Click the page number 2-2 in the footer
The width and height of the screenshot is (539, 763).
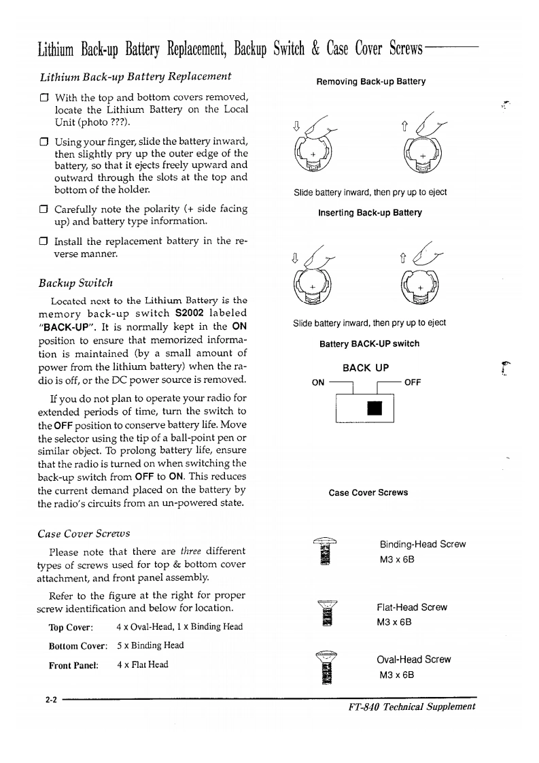click(50, 699)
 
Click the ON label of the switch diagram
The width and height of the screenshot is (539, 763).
click(317, 381)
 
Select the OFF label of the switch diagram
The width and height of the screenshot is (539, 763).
click(413, 381)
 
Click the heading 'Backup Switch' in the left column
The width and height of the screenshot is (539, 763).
click(76, 282)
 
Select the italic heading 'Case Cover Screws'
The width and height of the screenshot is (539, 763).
click(84, 532)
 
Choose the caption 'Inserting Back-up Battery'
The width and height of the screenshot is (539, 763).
click(370, 212)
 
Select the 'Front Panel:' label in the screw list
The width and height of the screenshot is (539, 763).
click(74, 664)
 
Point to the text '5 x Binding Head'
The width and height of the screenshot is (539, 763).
click(150, 645)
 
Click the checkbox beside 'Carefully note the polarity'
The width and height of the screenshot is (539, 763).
click(43, 209)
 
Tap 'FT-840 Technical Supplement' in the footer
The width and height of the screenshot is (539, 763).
click(411, 706)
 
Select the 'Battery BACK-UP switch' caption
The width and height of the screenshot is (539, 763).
click(370, 343)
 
